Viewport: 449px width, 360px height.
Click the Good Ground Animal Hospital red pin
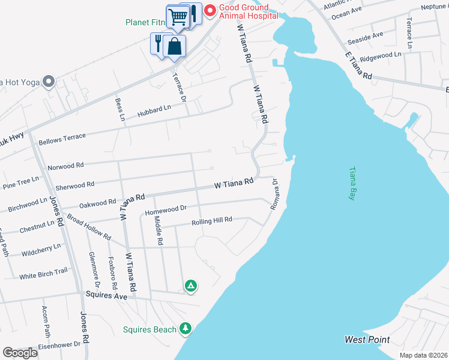click(x=210, y=10)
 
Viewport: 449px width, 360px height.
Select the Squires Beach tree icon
click(x=186, y=328)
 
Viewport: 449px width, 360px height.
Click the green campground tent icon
click(x=191, y=286)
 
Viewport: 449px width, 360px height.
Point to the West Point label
click(x=367, y=340)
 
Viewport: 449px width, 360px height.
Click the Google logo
click(x=20, y=352)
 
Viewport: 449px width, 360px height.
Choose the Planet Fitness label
click(x=145, y=22)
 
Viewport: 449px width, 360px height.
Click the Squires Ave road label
click(x=107, y=295)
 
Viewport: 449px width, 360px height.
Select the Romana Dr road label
click(x=276, y=193)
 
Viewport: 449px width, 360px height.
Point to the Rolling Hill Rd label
click(x=211, y=221)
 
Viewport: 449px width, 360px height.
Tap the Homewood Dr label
click(x=166, y=209)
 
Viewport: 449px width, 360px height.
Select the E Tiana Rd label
click(x=358, y=67)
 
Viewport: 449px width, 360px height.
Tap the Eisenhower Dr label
click(x=60, y=344)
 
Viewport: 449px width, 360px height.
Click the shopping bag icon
click(x=174, y=46)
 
